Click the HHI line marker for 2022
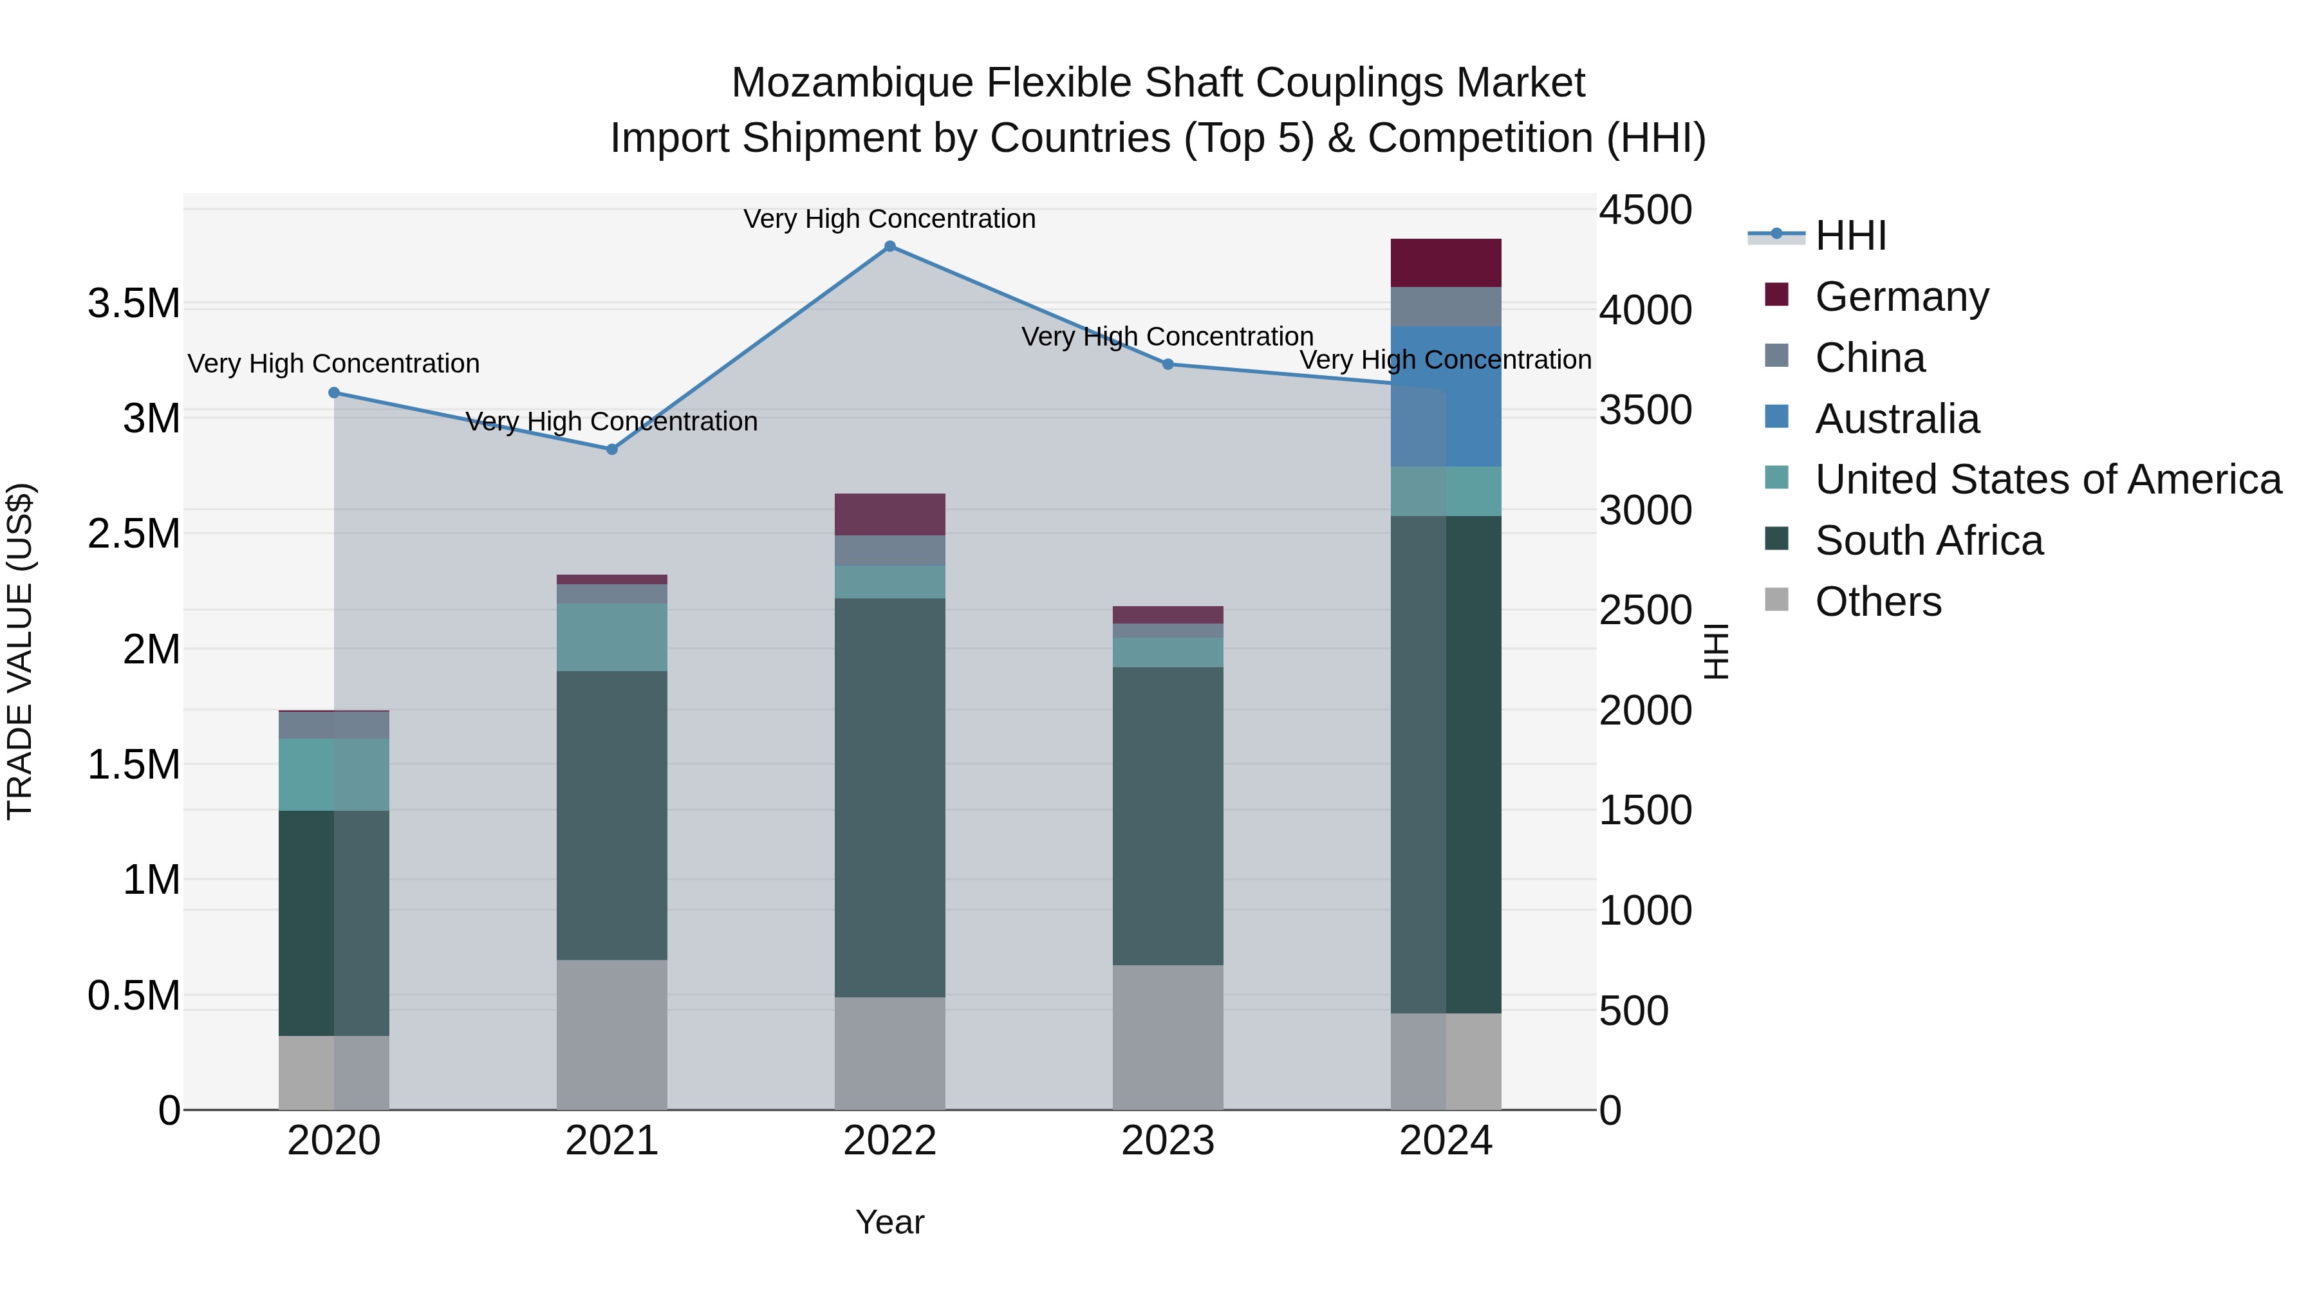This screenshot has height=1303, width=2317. pos(889,246)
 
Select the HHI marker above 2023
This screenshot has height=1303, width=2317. pos(1168,364)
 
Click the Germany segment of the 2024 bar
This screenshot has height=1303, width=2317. pos(1446,263)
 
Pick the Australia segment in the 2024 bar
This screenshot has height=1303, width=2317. pos(1446,396)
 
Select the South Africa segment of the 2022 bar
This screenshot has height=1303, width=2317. pos(889,798)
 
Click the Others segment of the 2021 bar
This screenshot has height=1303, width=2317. pos(611,1034)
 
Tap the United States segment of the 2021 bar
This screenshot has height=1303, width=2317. pos(611,638)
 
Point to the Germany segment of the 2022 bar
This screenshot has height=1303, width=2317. pos(889,514)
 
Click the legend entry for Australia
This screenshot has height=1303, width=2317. pos(1896,419)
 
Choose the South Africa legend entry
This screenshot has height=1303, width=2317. pos(1928,541)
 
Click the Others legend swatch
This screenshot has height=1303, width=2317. pos(1776,600)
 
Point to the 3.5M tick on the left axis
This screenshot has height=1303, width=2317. pos(133,304)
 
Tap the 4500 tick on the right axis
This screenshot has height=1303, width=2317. pos(1645,210)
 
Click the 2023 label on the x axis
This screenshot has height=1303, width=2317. pos(1168,1141)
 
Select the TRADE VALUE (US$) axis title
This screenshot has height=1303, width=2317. pos(20,651)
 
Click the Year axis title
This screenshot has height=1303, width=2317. pos(889,1222)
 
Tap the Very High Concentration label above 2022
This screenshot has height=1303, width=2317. pos(889,219)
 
